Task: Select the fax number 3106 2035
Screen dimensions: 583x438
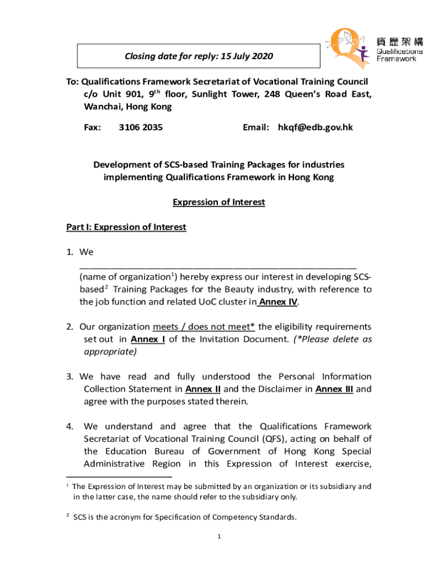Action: tap(141, 128)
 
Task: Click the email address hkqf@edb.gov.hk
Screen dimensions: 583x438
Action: tap(315, 128)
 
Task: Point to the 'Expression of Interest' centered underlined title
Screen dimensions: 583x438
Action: tap(219, 202)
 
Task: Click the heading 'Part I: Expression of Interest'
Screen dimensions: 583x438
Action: tap(126, 227)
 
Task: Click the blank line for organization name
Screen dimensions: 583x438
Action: tap(218, 265)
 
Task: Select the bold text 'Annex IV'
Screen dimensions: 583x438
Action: tap(279, 302)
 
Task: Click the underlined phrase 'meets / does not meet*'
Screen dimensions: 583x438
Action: tap(204, 327)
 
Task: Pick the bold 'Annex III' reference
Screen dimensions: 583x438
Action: tap(334, 389)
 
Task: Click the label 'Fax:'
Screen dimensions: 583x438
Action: tap(93, 128)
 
